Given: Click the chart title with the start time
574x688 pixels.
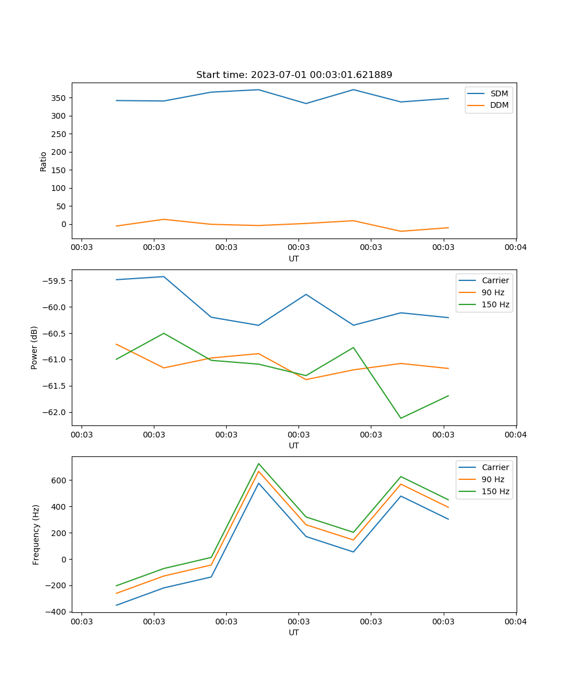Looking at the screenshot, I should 294,75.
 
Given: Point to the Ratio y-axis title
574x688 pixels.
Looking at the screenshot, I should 44,161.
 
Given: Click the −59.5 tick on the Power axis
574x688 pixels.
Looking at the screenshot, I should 53,281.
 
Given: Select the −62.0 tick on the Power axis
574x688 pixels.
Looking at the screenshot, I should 53,413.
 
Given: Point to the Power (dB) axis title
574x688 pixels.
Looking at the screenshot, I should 34,347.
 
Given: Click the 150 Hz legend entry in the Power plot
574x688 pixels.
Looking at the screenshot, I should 495,304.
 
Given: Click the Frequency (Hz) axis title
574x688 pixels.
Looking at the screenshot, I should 36,534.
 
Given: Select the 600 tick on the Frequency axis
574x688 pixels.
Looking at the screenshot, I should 59,480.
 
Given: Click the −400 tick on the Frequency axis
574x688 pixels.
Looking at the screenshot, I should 56,612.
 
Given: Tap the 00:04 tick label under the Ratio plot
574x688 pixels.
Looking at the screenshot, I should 515,247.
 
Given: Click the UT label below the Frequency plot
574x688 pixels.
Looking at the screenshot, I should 294,632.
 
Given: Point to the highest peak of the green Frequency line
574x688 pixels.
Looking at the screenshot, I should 258,463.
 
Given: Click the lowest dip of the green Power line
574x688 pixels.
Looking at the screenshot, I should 401,418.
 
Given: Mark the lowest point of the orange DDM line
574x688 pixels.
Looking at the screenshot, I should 401,231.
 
